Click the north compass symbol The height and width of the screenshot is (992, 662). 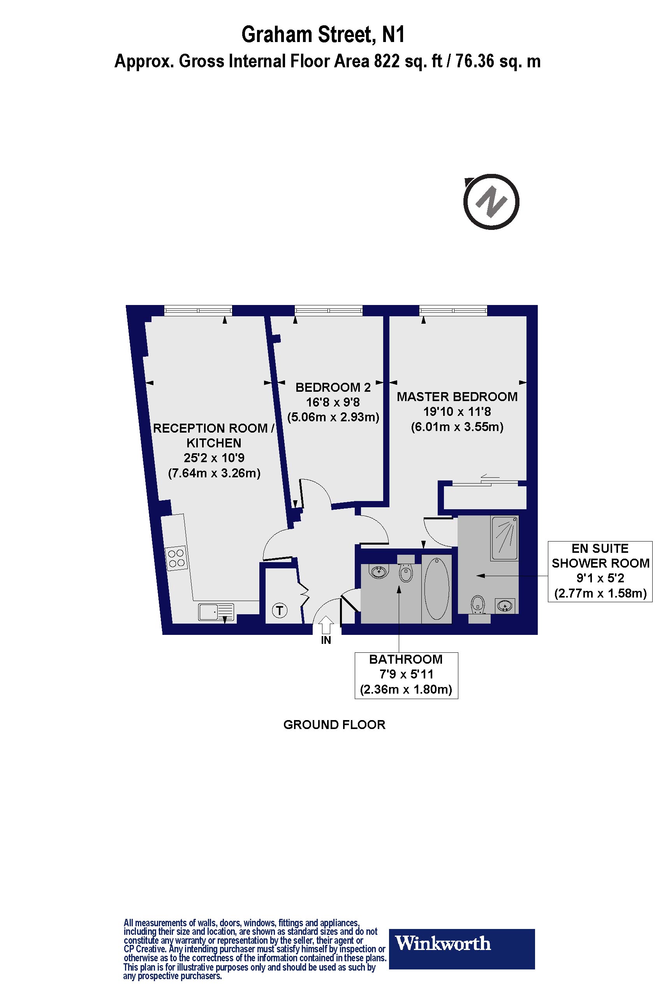click(x=491, y=202)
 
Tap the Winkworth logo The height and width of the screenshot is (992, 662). click(x=461, y=943)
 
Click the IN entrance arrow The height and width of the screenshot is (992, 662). click(x=326, y=625)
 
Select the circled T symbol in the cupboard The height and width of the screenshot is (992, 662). click(x=280, y=610)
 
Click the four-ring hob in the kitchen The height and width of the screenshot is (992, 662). click(x=176, y=557)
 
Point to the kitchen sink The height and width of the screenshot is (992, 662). click(x=216, y=612)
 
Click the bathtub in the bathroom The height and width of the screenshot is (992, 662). click(x=437, y=588)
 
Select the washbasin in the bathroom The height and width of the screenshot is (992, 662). click(x=379, y=571)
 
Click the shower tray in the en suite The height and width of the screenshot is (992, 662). click(x=504, y=538)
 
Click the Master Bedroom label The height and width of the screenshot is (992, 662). click(x=457, y=396)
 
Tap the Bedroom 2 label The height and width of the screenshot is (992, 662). click(x=333, y=387)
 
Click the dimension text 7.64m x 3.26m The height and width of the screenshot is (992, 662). click(x=214, y=473)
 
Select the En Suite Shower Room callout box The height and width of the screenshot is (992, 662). click(x=600, y=571)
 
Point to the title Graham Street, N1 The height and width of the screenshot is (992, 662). click(x=323, y=35)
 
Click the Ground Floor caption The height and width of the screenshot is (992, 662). click(x=334, y=725)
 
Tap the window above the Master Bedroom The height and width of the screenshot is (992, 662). click(x=453, y=311)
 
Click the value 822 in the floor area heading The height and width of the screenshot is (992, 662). click(x=387, y=61)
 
